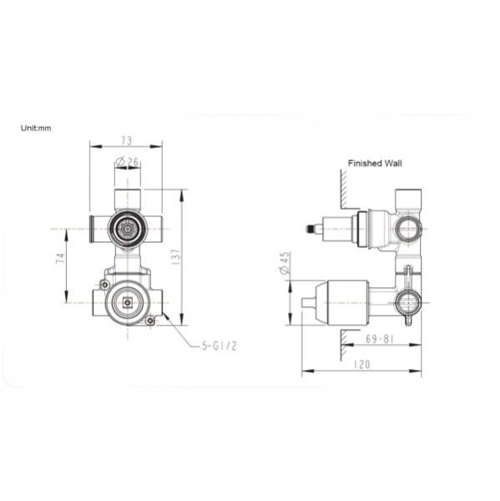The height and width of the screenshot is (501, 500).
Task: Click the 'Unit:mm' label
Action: pyautogui.click(x=37, y=128)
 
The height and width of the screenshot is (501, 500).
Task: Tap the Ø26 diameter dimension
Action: pyautogui.click(x=127, y=160)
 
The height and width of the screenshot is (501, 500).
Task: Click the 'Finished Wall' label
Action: pyautogui.click(x=375, y=164)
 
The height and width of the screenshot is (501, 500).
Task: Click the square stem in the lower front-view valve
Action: pyautogui.click(x=128, y=303)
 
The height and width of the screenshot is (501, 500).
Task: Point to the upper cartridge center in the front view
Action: pyautogui.click(x=127, y=227)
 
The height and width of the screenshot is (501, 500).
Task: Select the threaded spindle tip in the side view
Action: pyautogui.click(x=316, y=227)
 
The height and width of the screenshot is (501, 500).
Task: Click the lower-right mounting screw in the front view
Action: pyautogui.click(x=150, y=322)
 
